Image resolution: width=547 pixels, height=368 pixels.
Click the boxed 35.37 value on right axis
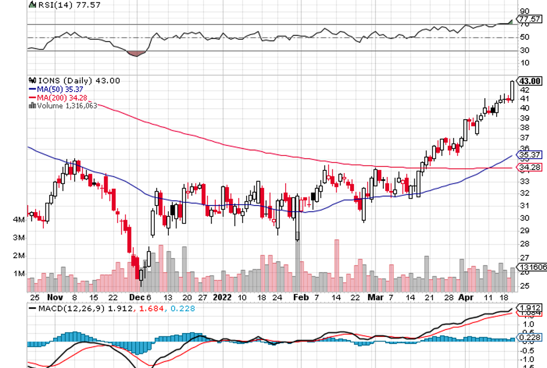click(529, 155)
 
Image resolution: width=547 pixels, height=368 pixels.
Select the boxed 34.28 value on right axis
click(529, 168)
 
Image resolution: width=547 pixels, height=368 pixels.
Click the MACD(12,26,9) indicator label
click(70, 308)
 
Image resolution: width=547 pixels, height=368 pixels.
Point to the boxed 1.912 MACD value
click(529, 308)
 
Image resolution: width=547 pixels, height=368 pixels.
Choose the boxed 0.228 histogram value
click(529, 336)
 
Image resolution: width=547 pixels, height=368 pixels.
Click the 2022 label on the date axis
click(222, 297)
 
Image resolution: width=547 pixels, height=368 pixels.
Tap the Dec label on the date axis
click(135, 297)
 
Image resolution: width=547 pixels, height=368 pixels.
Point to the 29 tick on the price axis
click(525, 231)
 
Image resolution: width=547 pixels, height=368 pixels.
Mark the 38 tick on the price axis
click(525, 127)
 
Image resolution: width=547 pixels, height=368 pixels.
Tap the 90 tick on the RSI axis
click(525, 11)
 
